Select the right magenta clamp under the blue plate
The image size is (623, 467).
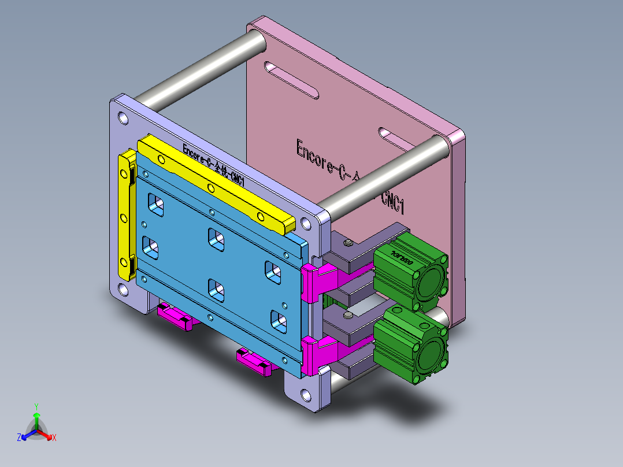[x=254, y=362]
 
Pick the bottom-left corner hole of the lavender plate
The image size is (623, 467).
[x=123, y=290]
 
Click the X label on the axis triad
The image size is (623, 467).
[x=54, y=438]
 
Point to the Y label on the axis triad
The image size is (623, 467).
[x=36, y=406]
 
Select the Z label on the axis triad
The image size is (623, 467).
[x=19, y=438]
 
